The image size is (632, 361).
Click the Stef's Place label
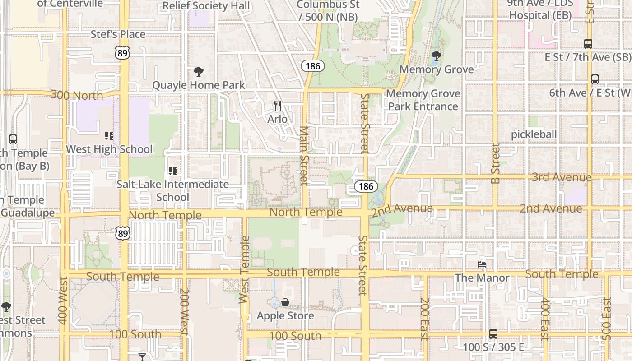[x=118, y=34]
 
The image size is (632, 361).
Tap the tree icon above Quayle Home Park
[x=198, y=71]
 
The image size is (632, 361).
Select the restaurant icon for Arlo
[x=278, y=106]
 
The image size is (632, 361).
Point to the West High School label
[x=109, y=149]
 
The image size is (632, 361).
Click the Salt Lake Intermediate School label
[x=172, y=190]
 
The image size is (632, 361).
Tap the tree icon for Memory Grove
[x=436, y=56]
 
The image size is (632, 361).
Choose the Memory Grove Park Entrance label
[x=423, y=100]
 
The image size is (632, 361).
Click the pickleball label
[x=534, y=134]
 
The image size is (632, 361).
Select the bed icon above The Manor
[x=482, y=264]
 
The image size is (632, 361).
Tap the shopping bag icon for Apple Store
[x=285, y=302]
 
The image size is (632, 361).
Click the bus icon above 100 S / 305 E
[x=493, y=334]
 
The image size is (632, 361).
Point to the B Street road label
[x=496, y=163]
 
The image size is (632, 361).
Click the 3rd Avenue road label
[x=562, y=177]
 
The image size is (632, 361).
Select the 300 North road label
[x=77, y=95]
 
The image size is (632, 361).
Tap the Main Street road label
[x=304, y=156]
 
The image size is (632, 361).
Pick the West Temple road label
[x=244, y=269]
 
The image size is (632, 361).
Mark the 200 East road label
[x=424, y=318]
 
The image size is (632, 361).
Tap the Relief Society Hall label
[x=206, y=6]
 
